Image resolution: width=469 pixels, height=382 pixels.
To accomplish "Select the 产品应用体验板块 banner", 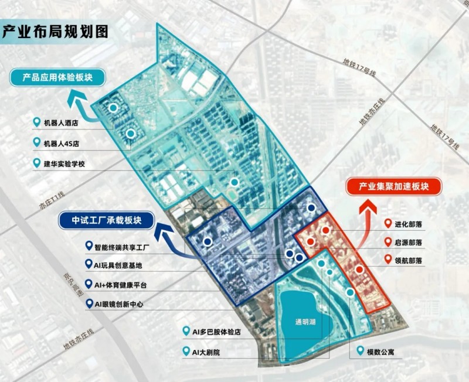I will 56,77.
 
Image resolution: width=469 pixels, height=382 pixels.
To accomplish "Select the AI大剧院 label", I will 205,353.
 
